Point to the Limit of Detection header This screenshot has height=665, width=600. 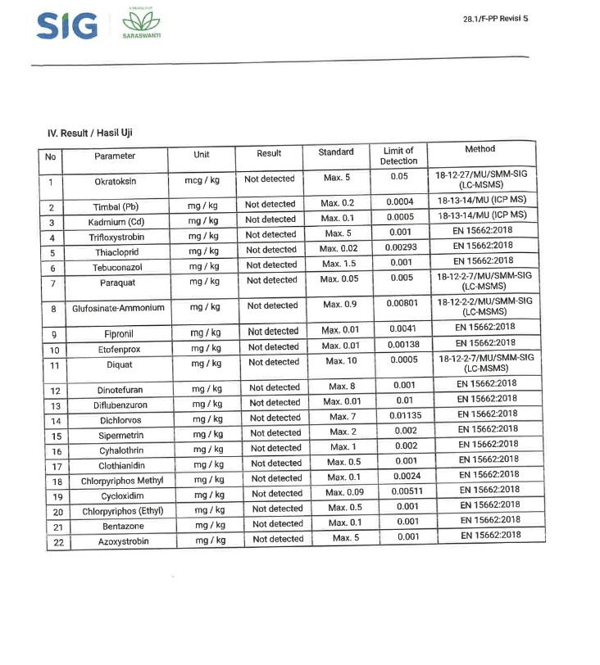(x=398, y=156)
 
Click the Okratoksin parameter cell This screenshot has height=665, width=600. (x=114, y=182)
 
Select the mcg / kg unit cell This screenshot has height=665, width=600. (x=201, y=179)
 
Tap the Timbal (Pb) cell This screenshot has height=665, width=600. (x=115, y=207)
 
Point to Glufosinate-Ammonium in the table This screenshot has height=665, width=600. (x=118, y=309)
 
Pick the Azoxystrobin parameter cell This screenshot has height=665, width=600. (x=123, y=541)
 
